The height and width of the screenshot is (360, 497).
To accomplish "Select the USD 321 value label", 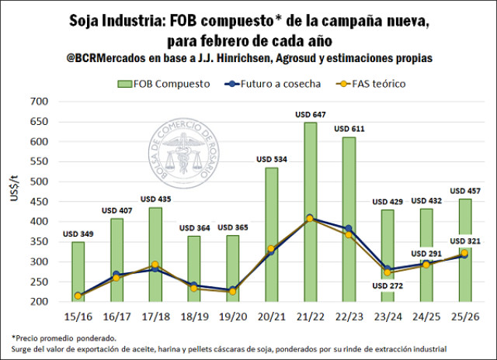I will [469, 241].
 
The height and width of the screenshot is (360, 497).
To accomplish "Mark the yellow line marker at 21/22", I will [310, 219].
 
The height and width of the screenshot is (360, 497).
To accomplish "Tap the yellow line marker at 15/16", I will [78, 296].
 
